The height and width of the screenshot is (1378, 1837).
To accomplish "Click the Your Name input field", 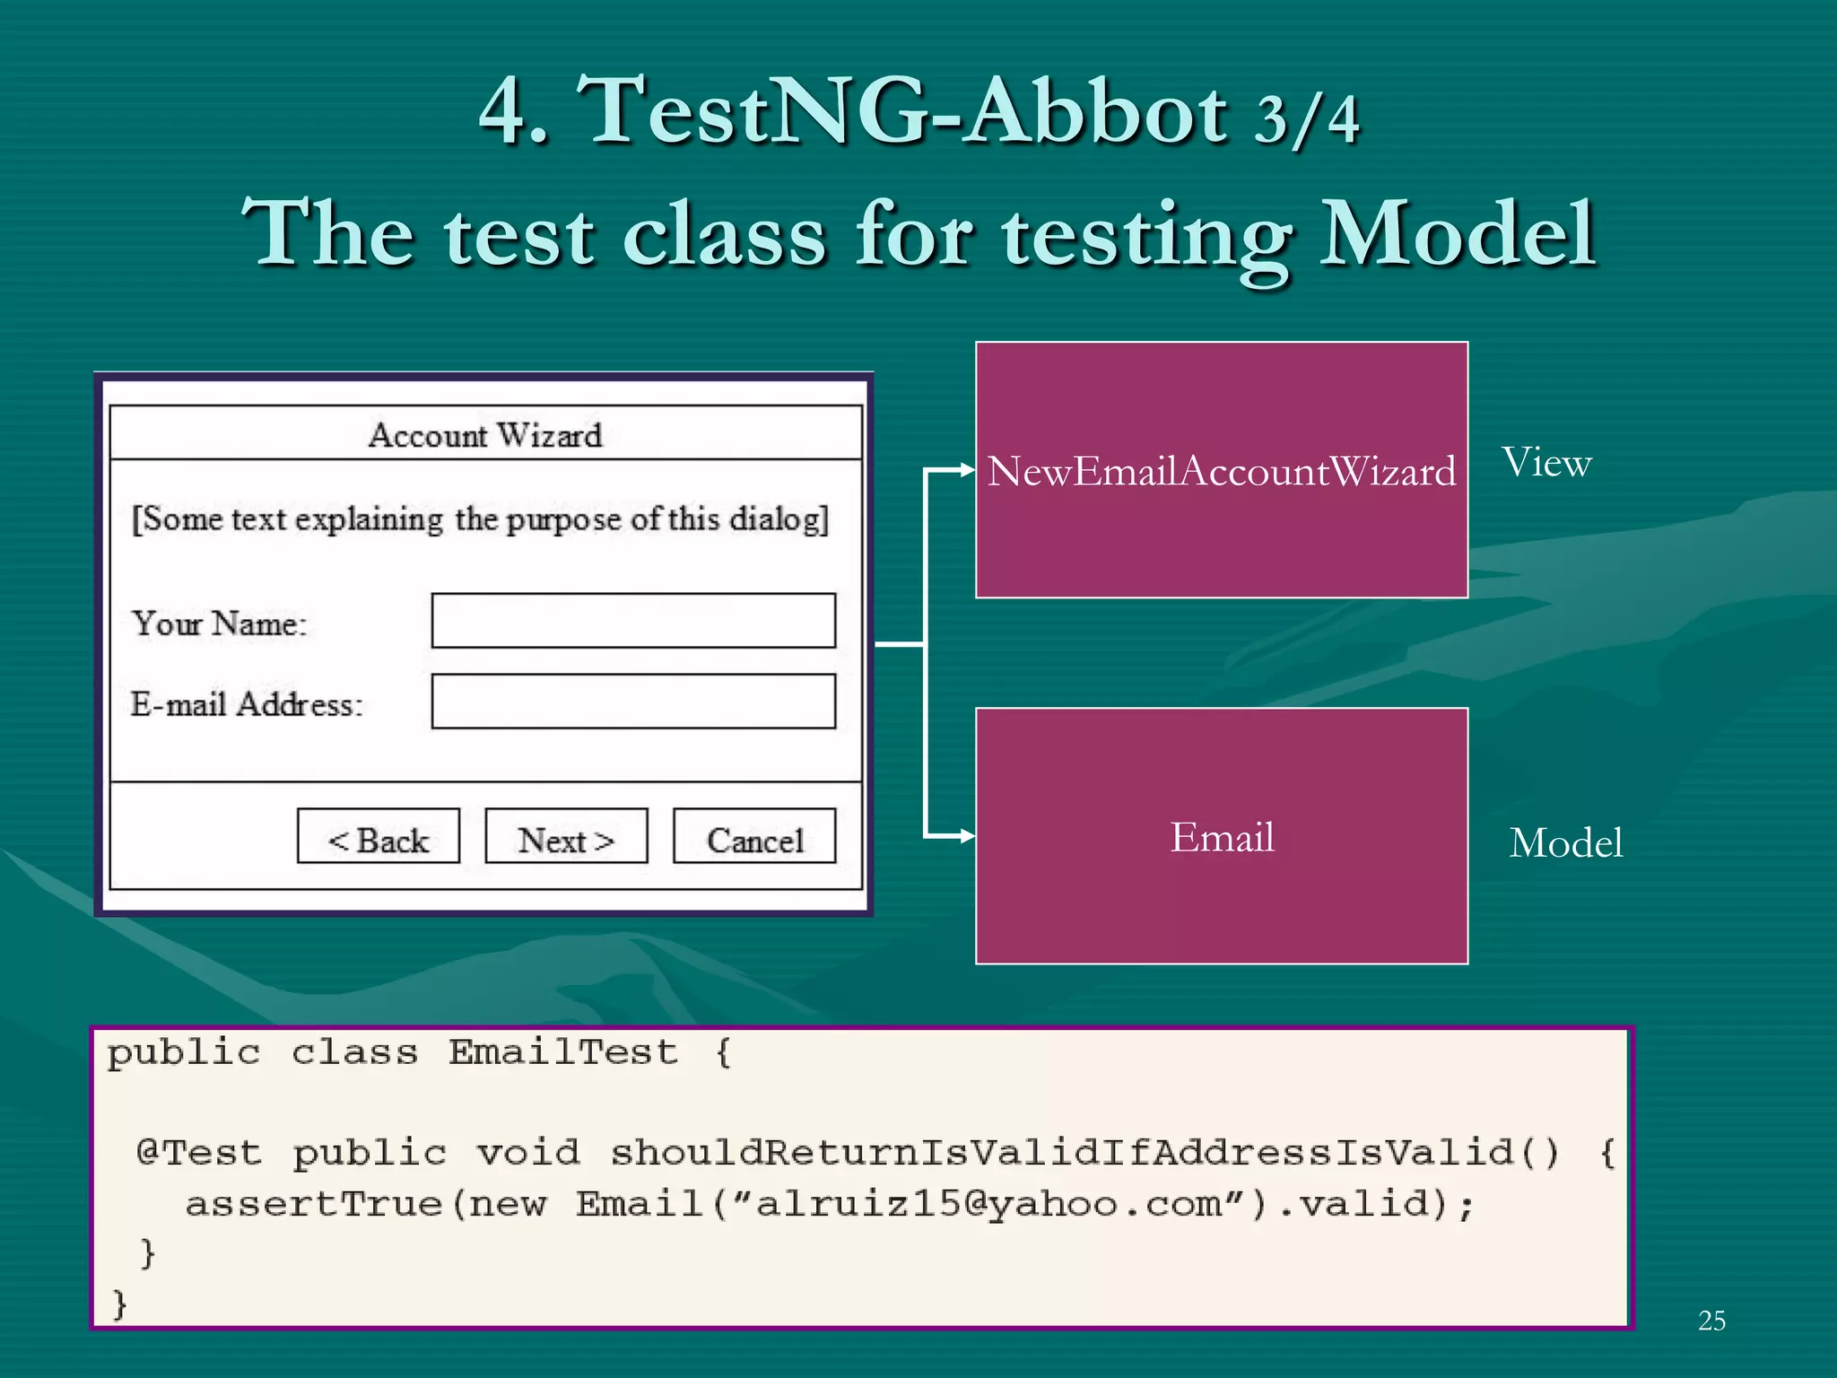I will click(633, 620).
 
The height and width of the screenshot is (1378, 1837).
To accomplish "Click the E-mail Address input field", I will click(633, 702).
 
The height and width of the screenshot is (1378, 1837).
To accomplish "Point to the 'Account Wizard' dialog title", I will click(485, 435).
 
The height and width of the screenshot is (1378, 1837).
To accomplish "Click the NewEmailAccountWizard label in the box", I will click(1222, 471).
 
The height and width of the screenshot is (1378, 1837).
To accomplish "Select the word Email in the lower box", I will click(1222, 837).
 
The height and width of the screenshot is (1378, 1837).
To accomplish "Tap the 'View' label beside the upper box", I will click(1546, 463).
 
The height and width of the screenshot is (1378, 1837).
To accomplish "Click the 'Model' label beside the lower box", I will click(1565, 843).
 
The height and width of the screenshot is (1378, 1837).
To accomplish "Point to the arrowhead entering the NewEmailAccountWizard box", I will click(967, 469).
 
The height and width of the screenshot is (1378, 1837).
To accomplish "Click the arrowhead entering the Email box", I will click(967, 836).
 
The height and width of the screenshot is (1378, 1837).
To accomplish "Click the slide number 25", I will click(1711, 1321).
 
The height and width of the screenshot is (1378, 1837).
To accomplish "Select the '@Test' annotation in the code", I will click(199, 1152).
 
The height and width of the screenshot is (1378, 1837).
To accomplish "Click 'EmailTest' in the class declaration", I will click(562, 1052).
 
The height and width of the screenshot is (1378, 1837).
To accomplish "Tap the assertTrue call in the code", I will click(314, 1204).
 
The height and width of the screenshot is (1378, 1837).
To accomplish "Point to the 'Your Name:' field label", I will click(220, 623).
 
